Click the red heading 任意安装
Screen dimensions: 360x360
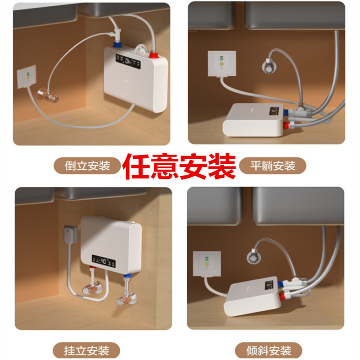[180, 166]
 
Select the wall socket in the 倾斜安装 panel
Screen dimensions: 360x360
[207, 264]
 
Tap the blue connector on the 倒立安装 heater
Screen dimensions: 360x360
[118, 45]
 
